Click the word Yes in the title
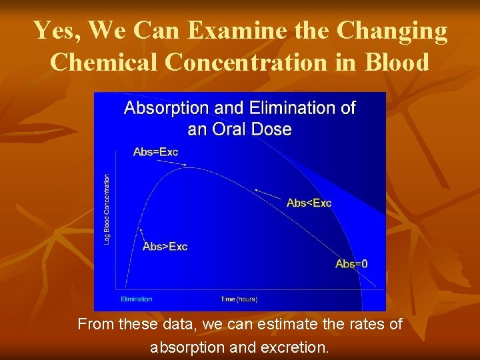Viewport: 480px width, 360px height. click(x=56, y=31)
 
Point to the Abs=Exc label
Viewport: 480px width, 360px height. click(x=156, y=152)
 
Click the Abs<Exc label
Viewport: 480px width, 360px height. click(x=309, y=203)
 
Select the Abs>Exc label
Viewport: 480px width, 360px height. click(x=165, y=247)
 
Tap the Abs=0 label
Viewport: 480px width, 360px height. click(x=351, y=264)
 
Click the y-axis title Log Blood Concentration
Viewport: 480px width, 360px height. click(x=107, y=209)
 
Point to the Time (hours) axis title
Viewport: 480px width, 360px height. click(x=239, y=299)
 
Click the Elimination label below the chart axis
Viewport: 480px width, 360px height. click(x=137, y=299)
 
